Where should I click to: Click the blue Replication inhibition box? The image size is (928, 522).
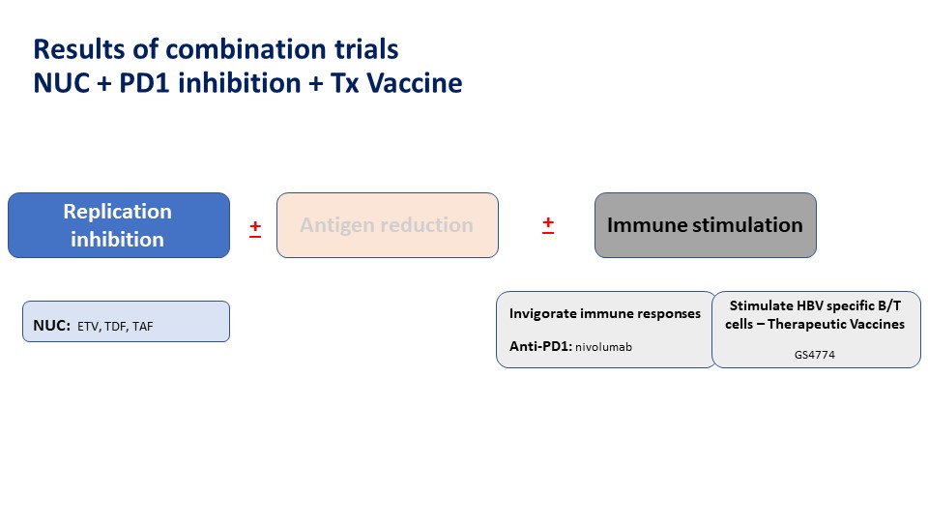click(118, 225)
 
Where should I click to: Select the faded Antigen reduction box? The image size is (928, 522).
click(388, 225)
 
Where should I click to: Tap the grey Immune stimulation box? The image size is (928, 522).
click(706, 225)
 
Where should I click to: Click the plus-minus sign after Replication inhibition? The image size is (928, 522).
click(255, 228)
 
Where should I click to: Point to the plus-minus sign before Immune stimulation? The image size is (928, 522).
click(548, 225)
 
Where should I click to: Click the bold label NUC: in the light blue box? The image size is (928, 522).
click(51, 326)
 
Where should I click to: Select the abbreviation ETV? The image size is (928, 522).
click(88, 327)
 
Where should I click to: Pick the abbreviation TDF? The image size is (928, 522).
click(116, 327)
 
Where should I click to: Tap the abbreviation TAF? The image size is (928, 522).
click(143, 327)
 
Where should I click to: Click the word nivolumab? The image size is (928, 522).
click(603, 347)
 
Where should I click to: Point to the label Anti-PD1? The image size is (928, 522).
click(541, 346)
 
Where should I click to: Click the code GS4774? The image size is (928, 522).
click(814, 355)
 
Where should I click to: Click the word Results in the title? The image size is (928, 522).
click(78, 49)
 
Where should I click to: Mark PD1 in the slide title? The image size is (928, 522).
click(145, 83)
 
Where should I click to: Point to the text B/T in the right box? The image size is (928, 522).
click(889, 305)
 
